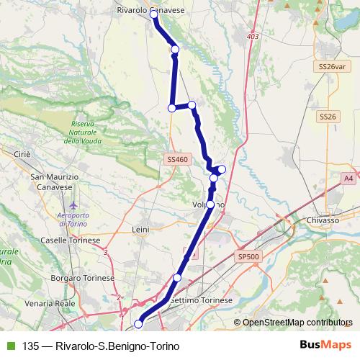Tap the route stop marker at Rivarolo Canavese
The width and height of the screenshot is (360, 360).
154,14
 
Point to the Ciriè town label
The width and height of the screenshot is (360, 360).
21,153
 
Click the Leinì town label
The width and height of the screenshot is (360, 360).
140,229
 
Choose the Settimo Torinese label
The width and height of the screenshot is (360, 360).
202,300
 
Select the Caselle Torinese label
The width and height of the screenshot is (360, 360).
64,240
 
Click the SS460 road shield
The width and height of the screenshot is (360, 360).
176,159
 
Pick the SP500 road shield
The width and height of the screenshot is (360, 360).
246,255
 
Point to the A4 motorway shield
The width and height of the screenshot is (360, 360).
348,178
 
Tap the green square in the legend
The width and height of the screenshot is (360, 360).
10,346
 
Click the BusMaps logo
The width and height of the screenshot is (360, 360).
325,345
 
